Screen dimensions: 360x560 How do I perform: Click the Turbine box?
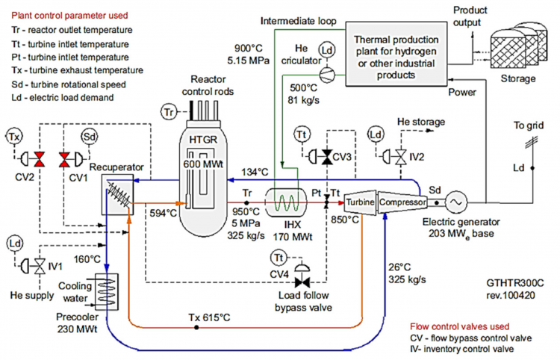click(360, 202)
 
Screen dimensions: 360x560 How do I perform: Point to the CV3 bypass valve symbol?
click(325, 157)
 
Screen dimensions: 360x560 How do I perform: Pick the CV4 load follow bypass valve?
click(303, 281)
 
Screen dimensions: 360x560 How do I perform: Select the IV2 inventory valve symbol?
click(400, 156)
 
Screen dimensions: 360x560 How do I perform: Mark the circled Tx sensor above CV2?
click(15, 137)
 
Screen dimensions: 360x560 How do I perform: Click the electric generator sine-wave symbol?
click(452, 202)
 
